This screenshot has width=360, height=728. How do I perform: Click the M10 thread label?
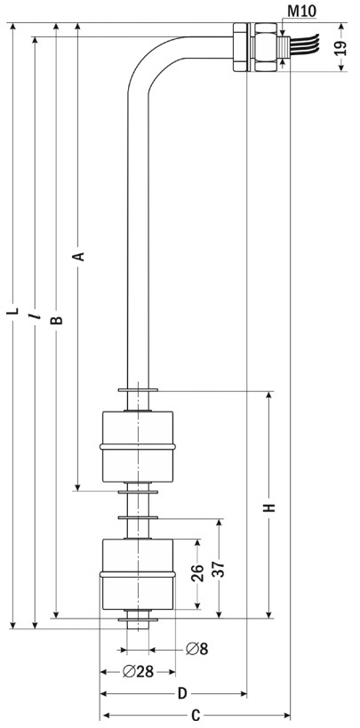[x=301, y=12]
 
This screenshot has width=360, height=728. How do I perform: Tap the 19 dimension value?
[x=340, y=47]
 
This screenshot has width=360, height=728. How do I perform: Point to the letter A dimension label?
[x=80, y=256]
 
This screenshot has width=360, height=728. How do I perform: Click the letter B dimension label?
[x=56, y=320]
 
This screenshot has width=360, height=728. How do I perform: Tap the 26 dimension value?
[x=197, y=573]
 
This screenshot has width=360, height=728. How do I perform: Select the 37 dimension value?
[x=219, y=569]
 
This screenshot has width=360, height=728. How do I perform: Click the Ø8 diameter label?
[x=197, y=649]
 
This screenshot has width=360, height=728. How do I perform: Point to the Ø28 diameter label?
[x=139, y=671]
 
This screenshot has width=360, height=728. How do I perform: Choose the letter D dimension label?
[x=182, y=693]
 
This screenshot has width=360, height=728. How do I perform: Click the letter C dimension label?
[x=196, y=716]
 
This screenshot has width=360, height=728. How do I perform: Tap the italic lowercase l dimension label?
[x=35, y=316]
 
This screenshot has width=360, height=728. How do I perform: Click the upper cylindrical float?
[x=138, y=446]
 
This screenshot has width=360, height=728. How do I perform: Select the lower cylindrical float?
[x=138, y=574]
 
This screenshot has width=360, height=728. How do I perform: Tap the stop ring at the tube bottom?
[x=138, y=620]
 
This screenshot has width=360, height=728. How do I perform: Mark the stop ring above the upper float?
[x=138, y=390]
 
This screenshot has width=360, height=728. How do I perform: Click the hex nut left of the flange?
[x=241, y=47]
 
